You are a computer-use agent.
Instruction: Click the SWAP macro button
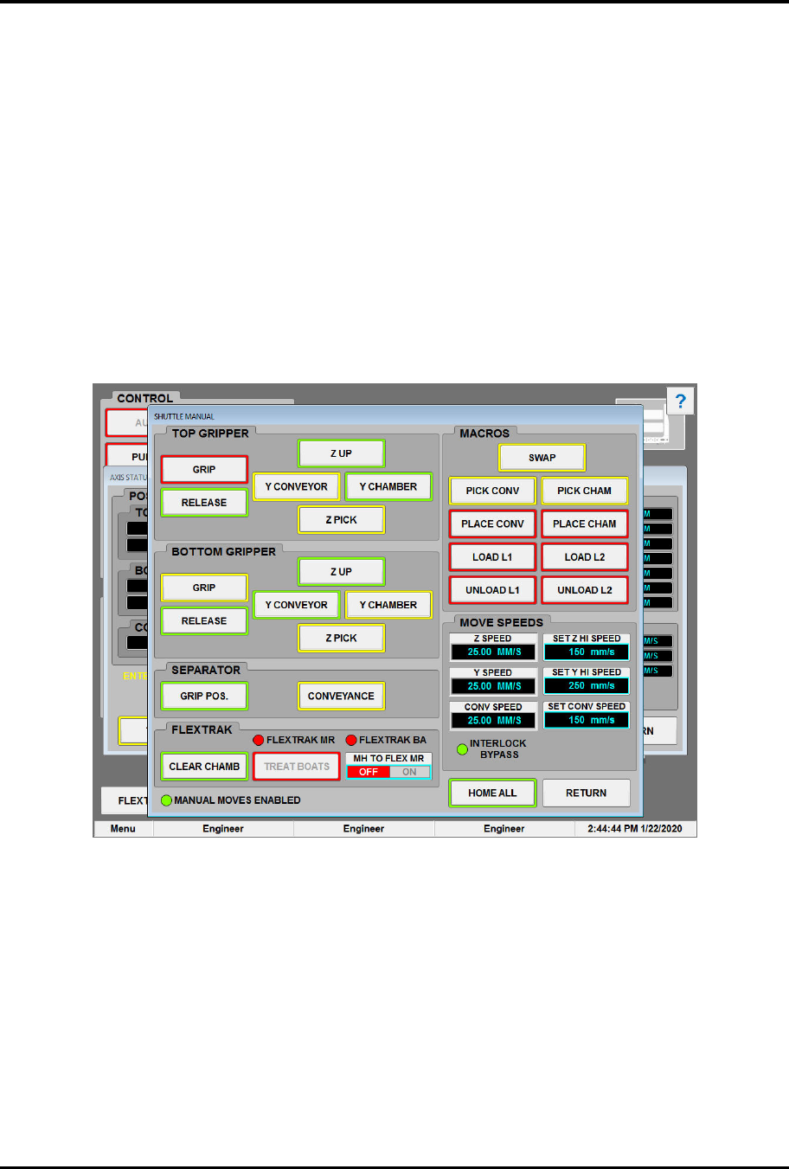point(542,458)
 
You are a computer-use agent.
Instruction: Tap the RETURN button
point(586,793)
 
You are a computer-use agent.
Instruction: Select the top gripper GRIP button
point(204,470)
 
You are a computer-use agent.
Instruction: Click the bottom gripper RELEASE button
point(204,621)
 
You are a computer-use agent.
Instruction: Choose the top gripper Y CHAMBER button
point(388,486)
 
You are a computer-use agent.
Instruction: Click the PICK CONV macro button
point(492,491)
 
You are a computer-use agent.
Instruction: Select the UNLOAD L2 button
point(585,590)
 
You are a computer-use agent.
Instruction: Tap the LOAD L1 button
point(492,557)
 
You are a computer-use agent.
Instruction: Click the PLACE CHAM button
point(585,524)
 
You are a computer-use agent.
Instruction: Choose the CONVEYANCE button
point(341,696)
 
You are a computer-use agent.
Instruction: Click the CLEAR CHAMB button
point(204,767)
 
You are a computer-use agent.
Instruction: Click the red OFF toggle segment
point(369,772)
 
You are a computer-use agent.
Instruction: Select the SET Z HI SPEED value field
point(586,652)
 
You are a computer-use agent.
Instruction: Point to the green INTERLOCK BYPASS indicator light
point(463,748)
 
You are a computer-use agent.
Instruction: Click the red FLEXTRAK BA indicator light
point(351,740)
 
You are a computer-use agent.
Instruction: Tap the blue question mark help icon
point(681,401)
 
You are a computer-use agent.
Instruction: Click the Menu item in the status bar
point(123,829)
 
